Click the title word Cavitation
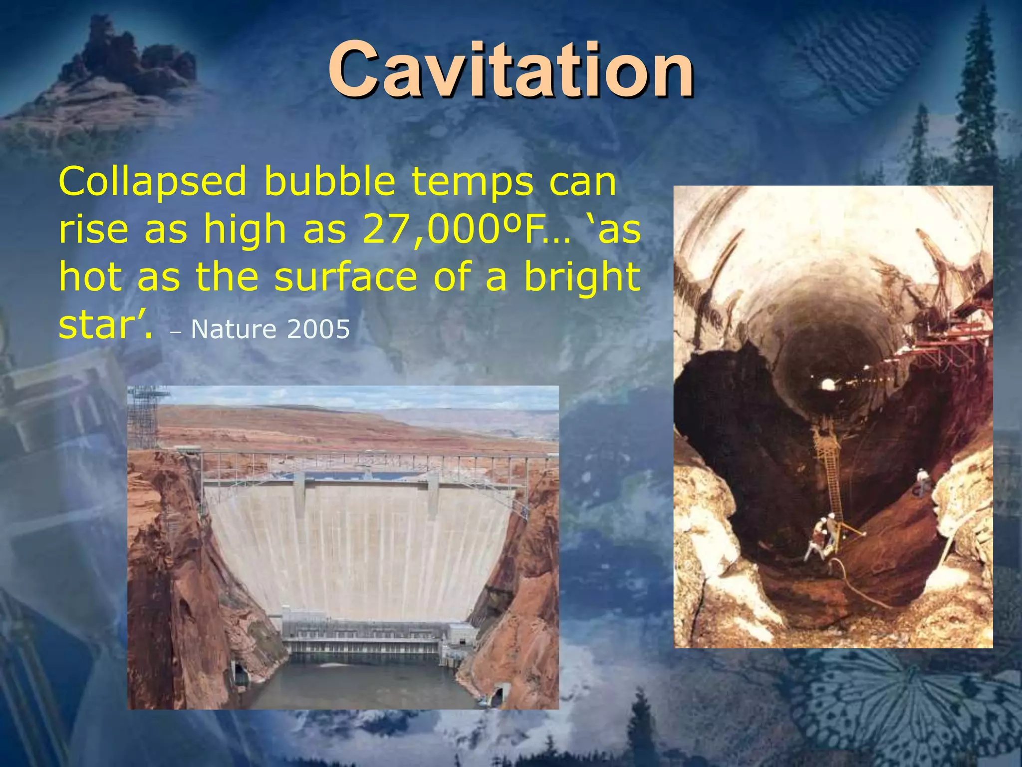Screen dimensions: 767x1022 pyautogui.click(x=510, y=70)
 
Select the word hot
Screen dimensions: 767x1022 pyautogui.click(x=90, y=277)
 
